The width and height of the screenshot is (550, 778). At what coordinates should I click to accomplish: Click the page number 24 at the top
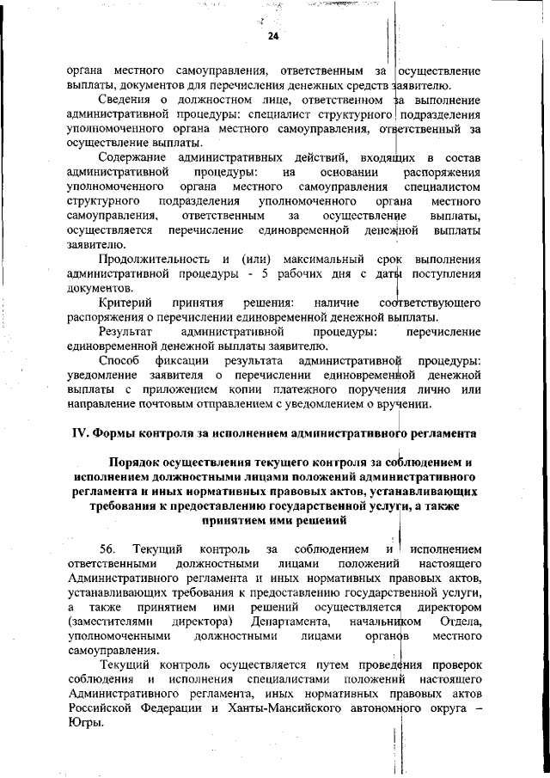pos(274,36)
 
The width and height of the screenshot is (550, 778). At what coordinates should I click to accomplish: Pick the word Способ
pos(119,360)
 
